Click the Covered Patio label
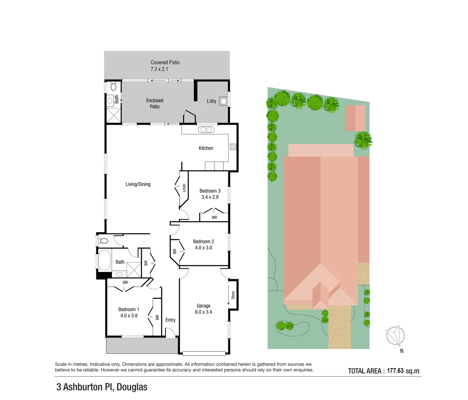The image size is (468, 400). (x=165, y=63)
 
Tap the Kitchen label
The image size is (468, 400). (x=206, y=148)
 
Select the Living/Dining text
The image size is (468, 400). (x=138, y=184)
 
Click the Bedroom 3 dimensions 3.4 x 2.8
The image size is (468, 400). (x=210, y=197)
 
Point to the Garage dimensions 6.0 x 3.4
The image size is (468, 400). (x=203, y=312)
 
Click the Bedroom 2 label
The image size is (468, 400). (x=203, y=241)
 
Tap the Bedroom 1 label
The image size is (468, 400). (x=129, y=309)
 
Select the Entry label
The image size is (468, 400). (x=170, y=320)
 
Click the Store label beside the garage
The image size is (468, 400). (x=233, y=295)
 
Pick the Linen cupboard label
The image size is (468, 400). (x=184, y=188)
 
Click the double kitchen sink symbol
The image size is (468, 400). (x=206, y=130)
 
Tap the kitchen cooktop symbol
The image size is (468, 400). (x=233, y=147)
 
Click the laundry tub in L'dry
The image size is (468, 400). (x=223, y=101)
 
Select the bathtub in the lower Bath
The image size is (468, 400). (x=104, y=260)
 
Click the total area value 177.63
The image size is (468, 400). (x=395, y=371)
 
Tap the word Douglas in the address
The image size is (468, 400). (x=132, y=387)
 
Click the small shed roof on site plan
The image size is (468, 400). (x=355, y=118)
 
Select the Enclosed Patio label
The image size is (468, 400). (x=155, y=103)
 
